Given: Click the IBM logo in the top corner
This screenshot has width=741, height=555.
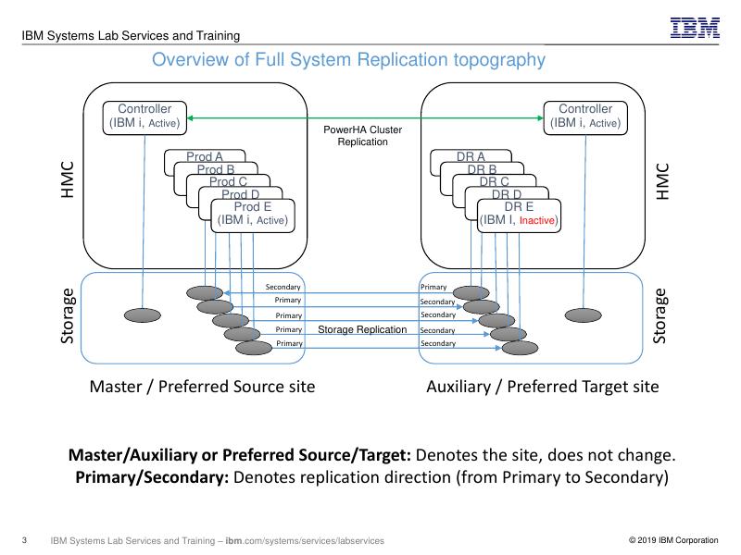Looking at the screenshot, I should click(x=695, y=28).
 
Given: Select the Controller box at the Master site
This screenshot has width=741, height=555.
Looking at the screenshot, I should click(x=144, y=117).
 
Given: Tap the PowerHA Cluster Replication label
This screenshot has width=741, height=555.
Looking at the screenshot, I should click(x=362, y=136).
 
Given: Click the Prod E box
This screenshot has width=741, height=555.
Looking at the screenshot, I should click(x=253, y=215).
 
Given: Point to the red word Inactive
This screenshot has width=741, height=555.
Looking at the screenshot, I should click(x=537, y=221).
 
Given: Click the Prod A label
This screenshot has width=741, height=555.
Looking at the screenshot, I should click(x=205, y=156).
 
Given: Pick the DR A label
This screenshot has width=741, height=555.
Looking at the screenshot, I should click(x=471, y=156).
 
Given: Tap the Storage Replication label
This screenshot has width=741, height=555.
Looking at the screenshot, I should click(x=362, y=329).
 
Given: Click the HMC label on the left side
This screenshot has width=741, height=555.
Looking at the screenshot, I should click(x=67, y=182).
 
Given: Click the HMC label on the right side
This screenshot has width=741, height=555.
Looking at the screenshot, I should click(x=661, y=182).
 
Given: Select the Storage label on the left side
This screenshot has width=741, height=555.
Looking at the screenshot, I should click(x=67, y=316).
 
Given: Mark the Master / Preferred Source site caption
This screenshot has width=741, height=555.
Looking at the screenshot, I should click(x=202, y=387).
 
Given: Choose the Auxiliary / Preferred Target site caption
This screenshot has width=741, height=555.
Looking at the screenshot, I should click(x=542, y=387).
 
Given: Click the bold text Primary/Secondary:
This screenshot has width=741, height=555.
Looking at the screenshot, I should click(x=152, y=478).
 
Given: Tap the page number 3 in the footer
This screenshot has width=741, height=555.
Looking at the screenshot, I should click(x=24, y=540).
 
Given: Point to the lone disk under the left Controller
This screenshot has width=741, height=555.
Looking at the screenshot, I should click(x=142, y=315).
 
